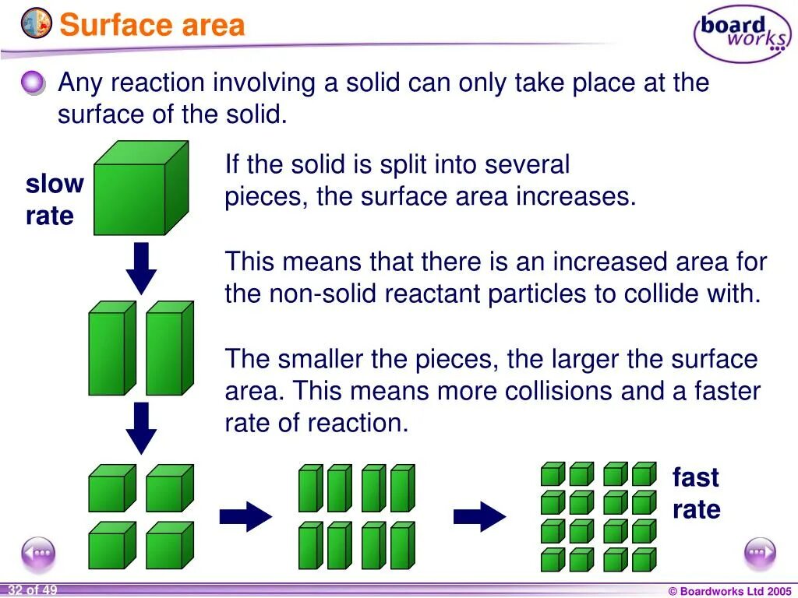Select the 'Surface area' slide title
(x=153, y=25)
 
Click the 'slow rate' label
(x=53, y=200)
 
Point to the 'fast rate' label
(x=696, y=494)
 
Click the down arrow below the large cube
(x=141, y=268)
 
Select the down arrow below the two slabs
(x=141, y=427)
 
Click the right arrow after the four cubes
(x=245, y=515)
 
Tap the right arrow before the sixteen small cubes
(x=479, y=515)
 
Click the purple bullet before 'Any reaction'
(x=34, y=83)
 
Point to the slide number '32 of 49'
(x=33, y=590)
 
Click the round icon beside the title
(x=37, y=23)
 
